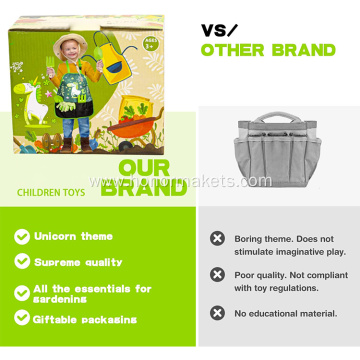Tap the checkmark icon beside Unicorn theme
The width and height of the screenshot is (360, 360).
pyautogui.click(x=21, y=237)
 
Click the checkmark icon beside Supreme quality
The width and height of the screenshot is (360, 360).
pyautogui.click(x=21, y=261)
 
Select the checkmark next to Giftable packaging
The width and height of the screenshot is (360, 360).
pyautogui.click(x=21, y=317)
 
